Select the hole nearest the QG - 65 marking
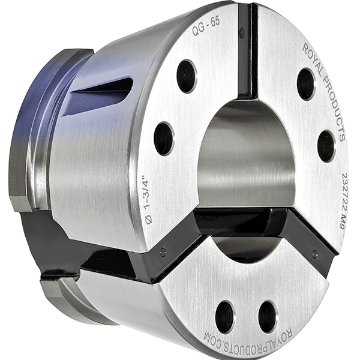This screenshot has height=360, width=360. tap(186, 76)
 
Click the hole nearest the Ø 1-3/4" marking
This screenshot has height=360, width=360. tap(163, 139)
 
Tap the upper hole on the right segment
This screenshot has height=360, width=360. tap(305, 83)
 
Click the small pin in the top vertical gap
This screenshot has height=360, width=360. tap(242, 33)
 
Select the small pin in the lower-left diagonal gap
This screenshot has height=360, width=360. tap(163, 253)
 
